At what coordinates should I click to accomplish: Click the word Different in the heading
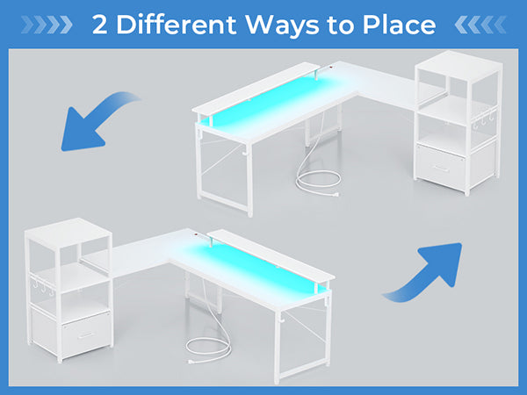click(177, 25)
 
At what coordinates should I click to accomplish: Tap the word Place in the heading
click(399, 25)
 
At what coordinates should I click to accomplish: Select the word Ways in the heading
click(282, 26)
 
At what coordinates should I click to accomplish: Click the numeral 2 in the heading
click(100, 25)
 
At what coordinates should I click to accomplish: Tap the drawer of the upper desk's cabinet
click(441, 166)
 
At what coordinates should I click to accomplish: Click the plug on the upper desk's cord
click(336, 194)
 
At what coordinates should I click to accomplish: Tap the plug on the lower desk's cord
click(191, 362)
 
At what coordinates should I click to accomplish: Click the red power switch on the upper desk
click(331, 67)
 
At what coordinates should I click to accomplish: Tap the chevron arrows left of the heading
click(47, 25)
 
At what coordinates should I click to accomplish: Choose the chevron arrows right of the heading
click(480, 25)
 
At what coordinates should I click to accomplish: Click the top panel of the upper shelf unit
click(459, 67)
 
